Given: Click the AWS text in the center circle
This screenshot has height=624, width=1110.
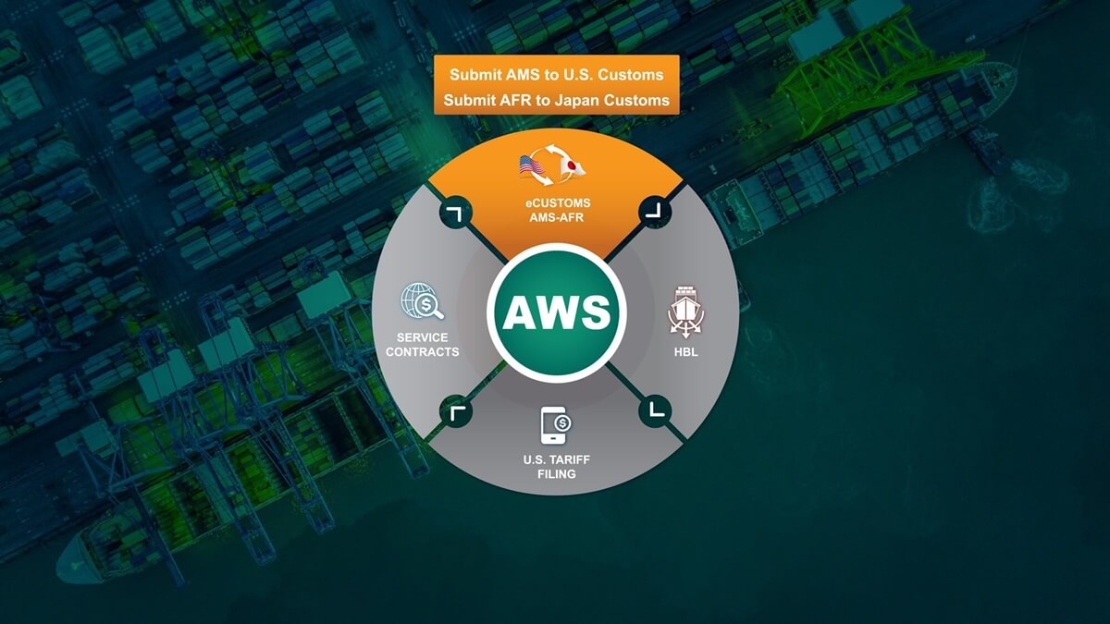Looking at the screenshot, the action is (557, 313).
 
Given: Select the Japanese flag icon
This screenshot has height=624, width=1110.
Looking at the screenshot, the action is (573, 167).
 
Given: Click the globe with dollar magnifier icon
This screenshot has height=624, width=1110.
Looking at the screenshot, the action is (422, 301).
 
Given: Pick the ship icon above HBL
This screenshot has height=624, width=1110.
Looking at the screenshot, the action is (685, 312).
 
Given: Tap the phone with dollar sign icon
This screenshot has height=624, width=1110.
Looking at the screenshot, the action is (556, 425).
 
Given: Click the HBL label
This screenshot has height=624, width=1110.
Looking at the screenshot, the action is (685, 352).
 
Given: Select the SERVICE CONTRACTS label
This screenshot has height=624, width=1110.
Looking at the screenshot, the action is (422, 345).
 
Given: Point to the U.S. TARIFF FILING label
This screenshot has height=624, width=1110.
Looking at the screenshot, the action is (557, 467).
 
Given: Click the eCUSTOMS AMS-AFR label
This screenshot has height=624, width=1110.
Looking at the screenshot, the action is (557, 210).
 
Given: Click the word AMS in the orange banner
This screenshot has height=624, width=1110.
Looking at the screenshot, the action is (523, 75).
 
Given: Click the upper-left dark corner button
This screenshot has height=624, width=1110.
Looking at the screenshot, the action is (455, 212).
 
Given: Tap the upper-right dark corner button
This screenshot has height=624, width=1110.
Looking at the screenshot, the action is (655, 212).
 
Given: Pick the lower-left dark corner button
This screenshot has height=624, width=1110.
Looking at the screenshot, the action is (455, 411).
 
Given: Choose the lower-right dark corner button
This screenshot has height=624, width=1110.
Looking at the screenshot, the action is (655, 411).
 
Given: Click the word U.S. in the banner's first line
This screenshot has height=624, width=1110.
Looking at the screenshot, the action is (576, 75).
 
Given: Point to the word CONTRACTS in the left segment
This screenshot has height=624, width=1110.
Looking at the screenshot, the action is (422, 351).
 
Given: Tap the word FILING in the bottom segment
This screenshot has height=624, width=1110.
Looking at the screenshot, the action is (557, 474).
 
